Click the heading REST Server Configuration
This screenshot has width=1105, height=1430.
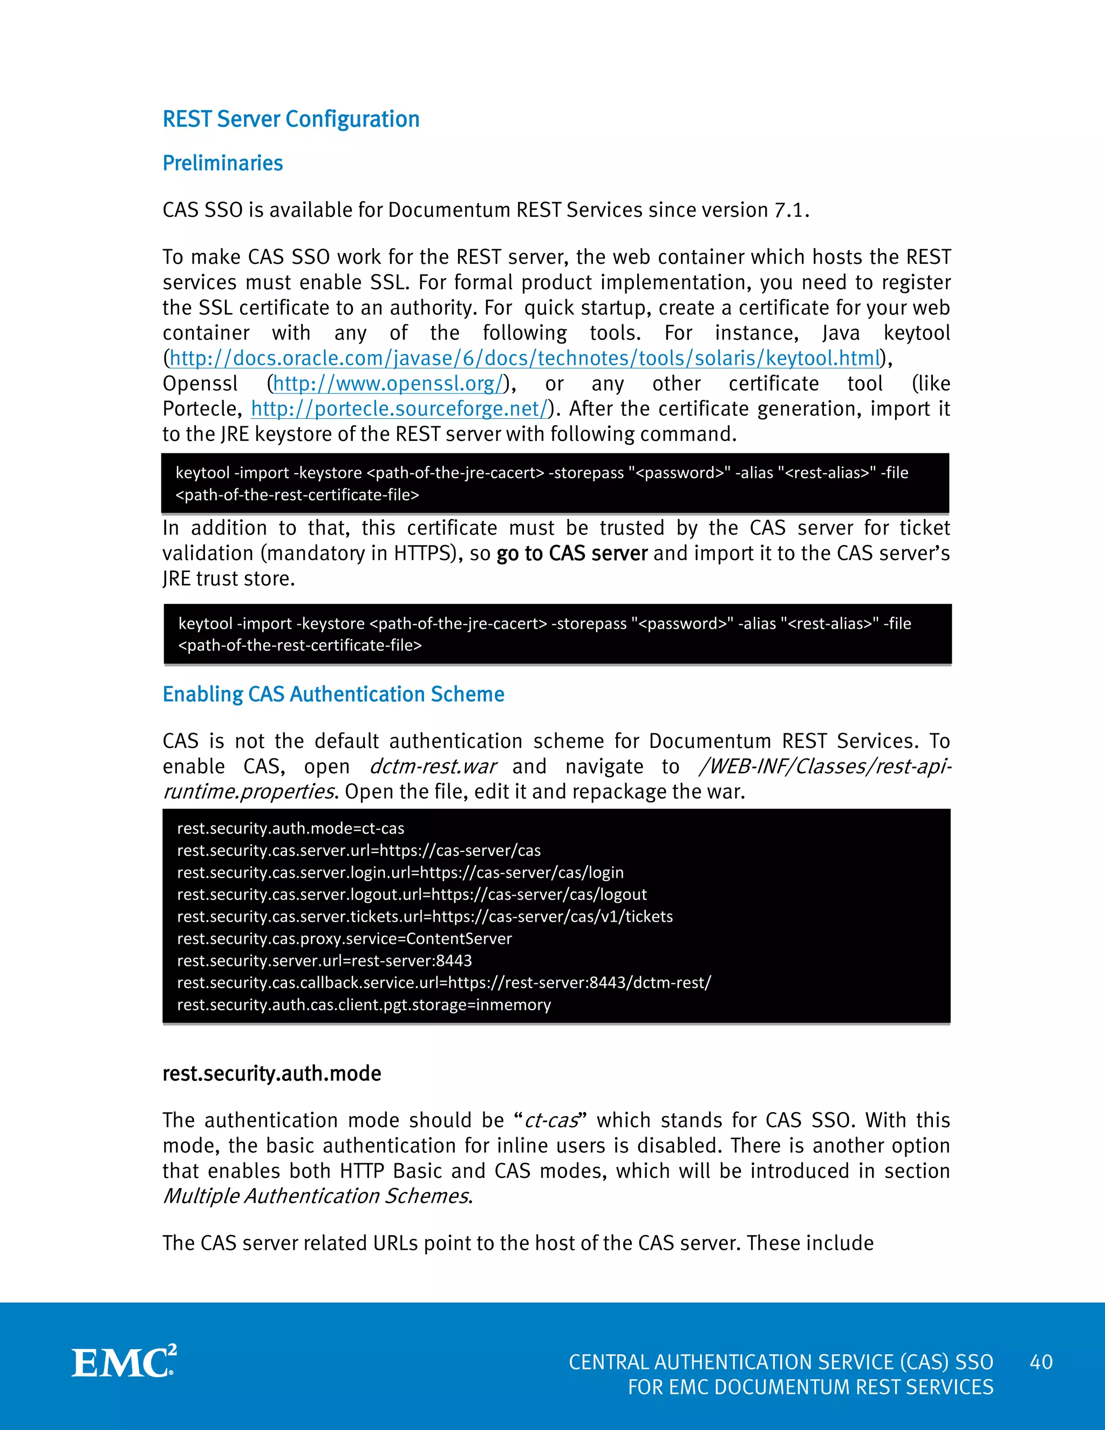coord(291,119)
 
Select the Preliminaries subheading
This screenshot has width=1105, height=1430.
coord(223,163)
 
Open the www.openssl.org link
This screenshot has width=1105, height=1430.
coord(390,384)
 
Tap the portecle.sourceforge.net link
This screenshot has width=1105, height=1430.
coord(399,409)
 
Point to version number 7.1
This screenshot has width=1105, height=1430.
coord(789,210)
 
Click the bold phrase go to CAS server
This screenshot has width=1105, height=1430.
coord(571,553)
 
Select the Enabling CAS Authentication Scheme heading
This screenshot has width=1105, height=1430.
coord(333,694)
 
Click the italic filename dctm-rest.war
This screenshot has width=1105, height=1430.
coord(433,766)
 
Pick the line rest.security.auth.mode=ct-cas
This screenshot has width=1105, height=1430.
coord(291,828)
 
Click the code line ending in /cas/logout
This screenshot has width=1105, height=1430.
coord(412,894)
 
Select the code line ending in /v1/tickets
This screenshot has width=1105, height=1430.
coord(425,917)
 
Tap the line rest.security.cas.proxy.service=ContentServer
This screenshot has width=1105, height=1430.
coord(344,939)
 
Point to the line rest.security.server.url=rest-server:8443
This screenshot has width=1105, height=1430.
coord(324,961)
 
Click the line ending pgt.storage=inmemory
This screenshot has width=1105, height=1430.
coord(364,1005)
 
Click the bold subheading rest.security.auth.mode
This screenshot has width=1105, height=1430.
coord(272,1074)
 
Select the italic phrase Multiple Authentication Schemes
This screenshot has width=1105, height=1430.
coord(316,1196)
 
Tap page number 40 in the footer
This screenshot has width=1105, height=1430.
coord(1041,1363)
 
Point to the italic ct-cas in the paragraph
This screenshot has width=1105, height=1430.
coord(551,1120)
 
